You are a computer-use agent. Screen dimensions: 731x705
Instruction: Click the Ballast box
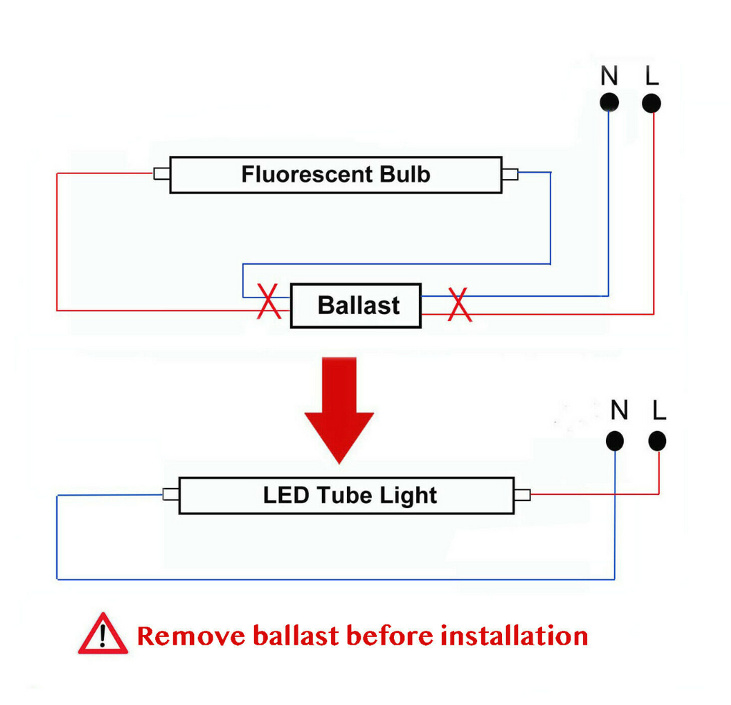[x=356, y=305]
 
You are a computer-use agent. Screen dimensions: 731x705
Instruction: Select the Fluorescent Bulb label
[x=336, y=174]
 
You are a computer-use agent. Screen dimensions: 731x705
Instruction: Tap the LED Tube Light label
[x=350, y=495]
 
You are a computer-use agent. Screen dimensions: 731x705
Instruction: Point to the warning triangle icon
[x=103, y=634]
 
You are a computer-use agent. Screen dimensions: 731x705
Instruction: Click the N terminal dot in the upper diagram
[x=609, y=103]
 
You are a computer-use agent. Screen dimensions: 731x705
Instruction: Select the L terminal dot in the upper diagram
[x=651, y=103]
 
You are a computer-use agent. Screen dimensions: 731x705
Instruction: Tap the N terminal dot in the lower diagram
[x=615, y=441]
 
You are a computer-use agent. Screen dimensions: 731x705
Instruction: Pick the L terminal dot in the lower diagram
[x=657, y=441]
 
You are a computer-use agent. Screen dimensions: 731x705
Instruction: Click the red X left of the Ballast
[x=269, y=301]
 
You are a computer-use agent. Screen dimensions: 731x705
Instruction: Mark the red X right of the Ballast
[x=460, y=304]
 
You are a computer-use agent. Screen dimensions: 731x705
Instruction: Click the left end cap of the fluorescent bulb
[x=162, y=174]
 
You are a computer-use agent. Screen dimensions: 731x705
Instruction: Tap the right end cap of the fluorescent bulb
[x=510, y=174]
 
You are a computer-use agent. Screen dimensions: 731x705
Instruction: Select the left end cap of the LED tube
[x=171, y=494]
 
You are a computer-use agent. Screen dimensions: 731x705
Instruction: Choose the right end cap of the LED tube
[x=522, y=494]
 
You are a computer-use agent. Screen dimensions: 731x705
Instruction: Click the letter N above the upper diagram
[x=609, y=76]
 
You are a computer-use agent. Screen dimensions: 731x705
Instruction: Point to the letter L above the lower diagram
[x=659, y=410]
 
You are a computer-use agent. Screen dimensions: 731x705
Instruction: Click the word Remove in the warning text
[x=191, y=636]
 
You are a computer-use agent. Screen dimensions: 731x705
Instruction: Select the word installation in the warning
[x=514, y=636]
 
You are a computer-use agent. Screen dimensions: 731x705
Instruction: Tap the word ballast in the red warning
[x=296, y=636]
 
